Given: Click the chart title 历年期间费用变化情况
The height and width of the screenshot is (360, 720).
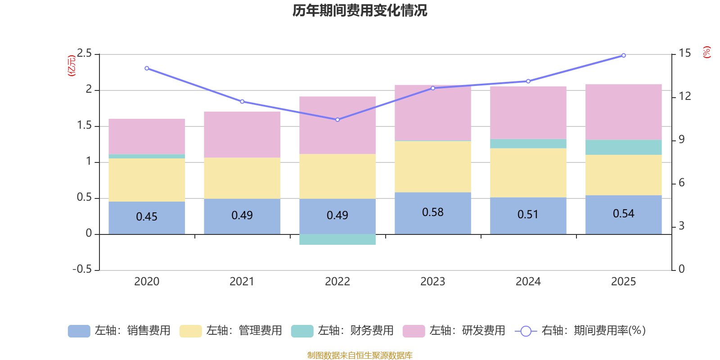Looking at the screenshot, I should coord(360,10).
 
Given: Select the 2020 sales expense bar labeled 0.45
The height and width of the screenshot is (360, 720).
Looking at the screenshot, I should coord(147,217).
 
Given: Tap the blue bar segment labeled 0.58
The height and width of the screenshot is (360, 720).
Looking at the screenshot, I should coord(432,213).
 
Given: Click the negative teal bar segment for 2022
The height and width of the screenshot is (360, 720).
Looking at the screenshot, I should coord(337,239).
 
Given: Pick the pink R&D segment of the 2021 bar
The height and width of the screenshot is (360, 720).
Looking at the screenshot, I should coord(242,135).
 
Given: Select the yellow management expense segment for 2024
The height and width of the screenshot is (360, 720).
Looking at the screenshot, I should coord(528,173).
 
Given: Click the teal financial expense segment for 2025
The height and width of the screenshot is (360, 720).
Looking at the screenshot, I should coord(623,147).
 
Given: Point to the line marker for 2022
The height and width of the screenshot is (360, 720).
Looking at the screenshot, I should coord(337,120).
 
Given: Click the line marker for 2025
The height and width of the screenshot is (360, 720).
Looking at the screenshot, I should coord(623,55).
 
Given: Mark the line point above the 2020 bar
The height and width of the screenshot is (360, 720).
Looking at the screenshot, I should coord(147,68).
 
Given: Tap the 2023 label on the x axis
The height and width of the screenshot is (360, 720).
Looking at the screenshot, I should coord(432,282).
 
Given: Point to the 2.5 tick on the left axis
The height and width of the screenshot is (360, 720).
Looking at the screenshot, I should coord(85,54).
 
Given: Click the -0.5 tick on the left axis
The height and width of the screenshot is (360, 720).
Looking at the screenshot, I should coord(82,269).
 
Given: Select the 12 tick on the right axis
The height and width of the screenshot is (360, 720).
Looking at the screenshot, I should coord(684,96).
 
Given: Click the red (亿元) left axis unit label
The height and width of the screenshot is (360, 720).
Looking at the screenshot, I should coord(71,66).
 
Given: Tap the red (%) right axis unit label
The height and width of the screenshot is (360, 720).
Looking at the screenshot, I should coord(706,52).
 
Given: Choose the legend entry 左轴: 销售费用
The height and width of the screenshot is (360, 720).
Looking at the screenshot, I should coord(119,331).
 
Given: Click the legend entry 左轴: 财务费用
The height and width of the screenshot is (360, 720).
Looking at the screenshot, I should coord(342,331).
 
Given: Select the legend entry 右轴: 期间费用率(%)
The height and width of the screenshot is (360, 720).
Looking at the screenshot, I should coord(580,331).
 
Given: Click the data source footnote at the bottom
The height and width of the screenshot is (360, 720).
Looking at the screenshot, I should coord(360,355).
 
